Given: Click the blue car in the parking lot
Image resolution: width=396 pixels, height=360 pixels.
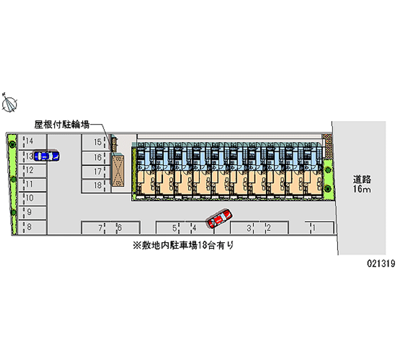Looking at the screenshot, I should point(46,156).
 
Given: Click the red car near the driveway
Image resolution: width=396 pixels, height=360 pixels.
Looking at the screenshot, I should point(219,217).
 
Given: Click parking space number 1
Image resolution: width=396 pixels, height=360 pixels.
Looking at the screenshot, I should point(319,227).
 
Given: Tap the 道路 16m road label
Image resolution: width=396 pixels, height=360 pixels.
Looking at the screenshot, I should point(362,184).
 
